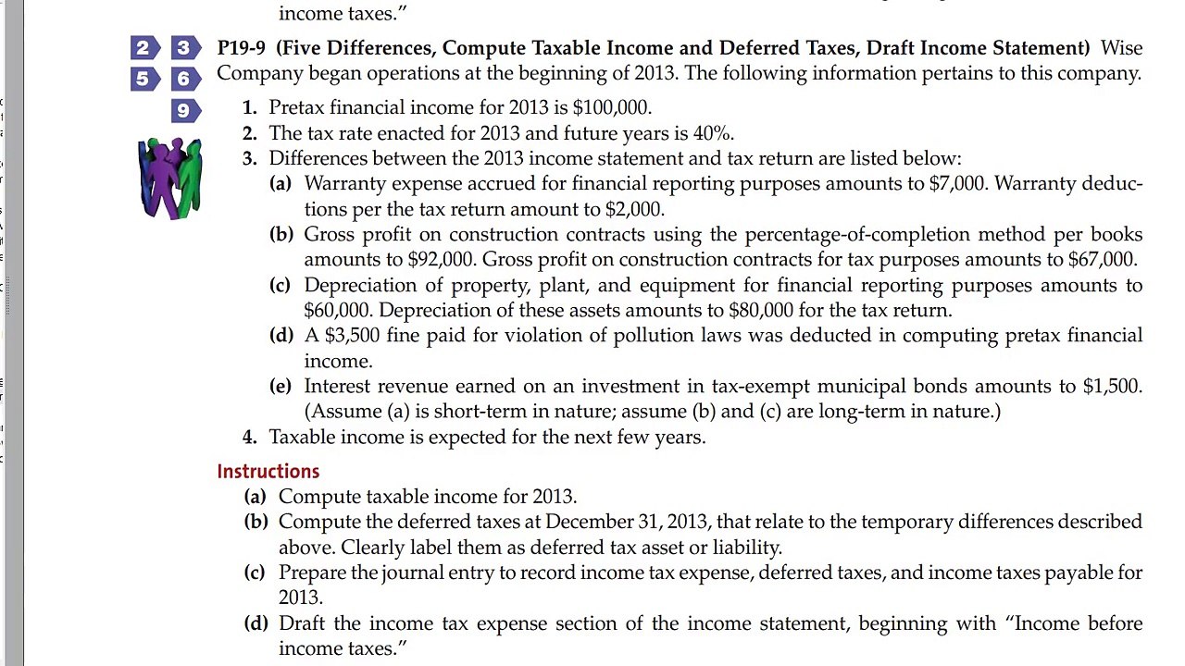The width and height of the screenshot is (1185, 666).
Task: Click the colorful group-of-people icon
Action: click(x=170, y=178)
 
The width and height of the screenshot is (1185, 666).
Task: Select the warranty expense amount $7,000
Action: click(x=956, y=183)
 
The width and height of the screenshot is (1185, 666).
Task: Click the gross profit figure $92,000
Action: click(x=441, y=260)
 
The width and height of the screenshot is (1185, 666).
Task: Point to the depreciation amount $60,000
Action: click(x=337, y=311)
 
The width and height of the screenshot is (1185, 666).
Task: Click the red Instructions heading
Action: click(x=268, y=472)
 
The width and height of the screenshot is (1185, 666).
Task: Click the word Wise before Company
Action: click(x=1121, y=48)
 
